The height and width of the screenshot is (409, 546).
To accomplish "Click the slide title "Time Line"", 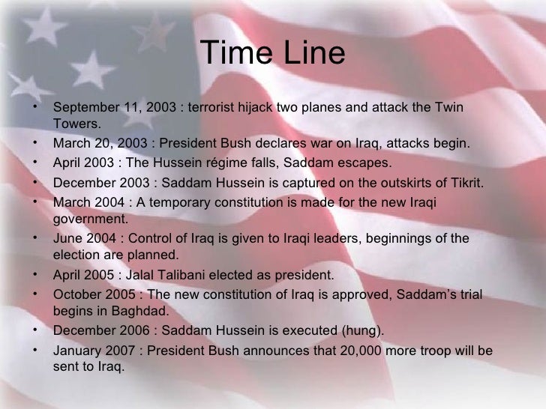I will coord(273,55).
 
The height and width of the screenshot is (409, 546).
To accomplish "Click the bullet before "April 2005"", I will coord(35,275).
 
